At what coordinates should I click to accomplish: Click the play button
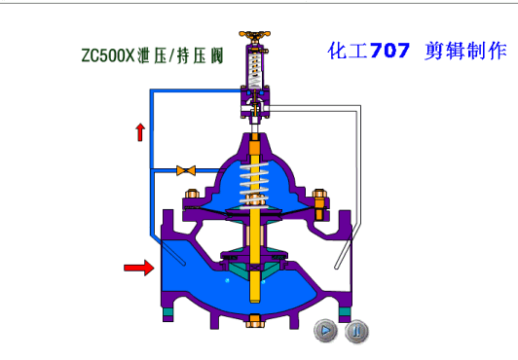coord(326,330)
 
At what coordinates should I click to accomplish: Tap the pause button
coord(356,331)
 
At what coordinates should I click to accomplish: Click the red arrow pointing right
coord(138,268)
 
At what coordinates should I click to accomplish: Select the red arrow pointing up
coord(140,132)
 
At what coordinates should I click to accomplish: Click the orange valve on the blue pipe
coord(186,170)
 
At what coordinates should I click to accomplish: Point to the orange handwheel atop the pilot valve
coord(255,35)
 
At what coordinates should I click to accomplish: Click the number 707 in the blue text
coord(389,51)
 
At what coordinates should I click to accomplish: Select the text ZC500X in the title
coord(108,55)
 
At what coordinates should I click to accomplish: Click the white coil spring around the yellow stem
coord(254,185)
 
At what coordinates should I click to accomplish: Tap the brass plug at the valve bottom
coord(254,321)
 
